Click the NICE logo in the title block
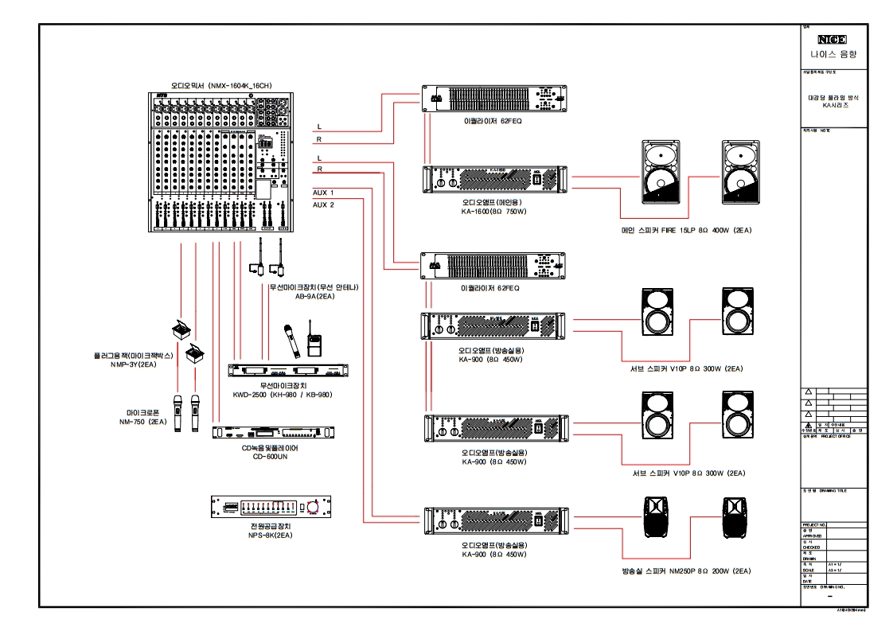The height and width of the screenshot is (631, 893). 833,39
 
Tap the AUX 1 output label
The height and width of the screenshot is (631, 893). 323,193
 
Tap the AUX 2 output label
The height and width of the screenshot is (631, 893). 323,204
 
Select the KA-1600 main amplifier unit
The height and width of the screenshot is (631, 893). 494,181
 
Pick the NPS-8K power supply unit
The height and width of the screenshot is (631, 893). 271,507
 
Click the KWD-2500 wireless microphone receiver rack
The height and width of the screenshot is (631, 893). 287,371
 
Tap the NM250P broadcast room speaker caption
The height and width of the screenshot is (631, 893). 687,571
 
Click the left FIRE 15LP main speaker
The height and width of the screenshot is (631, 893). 660,171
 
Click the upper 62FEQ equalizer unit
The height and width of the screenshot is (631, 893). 493,99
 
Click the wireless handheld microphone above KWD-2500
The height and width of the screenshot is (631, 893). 289,341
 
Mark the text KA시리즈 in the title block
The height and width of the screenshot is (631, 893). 833,105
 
